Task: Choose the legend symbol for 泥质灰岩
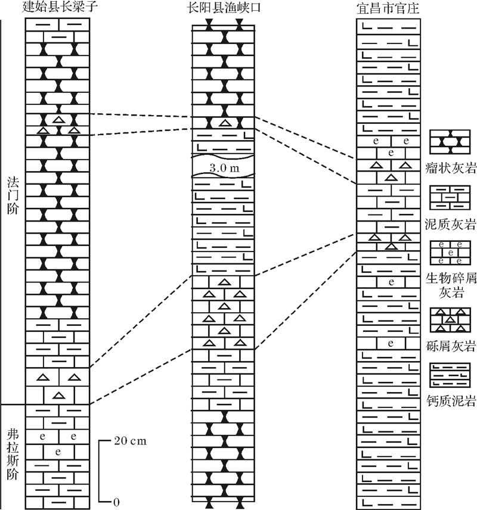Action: click(x=450, y=198)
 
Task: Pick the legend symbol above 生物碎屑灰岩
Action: click(x=450, y=253)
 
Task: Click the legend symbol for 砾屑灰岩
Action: click(x=450, y=320)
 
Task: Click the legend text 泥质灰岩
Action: click(x=451, y=224)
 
